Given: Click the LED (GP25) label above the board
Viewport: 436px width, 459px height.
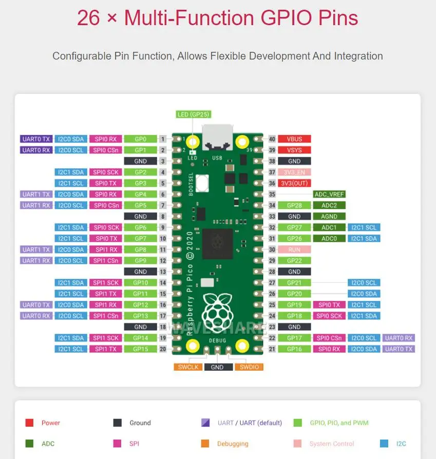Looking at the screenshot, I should click(x=193, y=114).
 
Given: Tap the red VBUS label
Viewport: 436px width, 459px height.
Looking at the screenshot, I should click(x=294, y=139).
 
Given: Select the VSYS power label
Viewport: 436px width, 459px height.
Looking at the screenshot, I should click(x=294, y=150).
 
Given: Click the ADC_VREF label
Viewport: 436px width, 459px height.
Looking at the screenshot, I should click(x=329, y=195).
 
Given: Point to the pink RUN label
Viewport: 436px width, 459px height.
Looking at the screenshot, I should click(x=294, y=250).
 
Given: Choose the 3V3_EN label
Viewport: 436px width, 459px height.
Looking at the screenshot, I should click(x=294, y=173).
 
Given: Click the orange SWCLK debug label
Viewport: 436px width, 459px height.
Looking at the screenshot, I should click(x=188, y=367).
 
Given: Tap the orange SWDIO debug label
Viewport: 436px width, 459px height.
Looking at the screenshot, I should click(x=249, y=367).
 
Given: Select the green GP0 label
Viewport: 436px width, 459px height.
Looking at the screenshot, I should click(x=140, y=139).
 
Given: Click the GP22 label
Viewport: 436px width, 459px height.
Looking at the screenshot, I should click(x=294, y=261).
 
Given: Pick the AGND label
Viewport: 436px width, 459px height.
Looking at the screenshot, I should click(x=329, y=217).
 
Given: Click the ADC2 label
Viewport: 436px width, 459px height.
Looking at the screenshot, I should click(x=329, y=205).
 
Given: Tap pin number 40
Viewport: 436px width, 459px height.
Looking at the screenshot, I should click(x=272, y=139).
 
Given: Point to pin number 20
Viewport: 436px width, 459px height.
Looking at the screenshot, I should click(x=162, y=349).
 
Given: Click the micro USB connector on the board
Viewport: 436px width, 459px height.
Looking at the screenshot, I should click(x=217, y=136).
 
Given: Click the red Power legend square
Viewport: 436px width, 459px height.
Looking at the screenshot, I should click(x=29, y=423).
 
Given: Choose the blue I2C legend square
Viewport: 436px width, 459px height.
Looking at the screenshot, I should click(x=384, y=444).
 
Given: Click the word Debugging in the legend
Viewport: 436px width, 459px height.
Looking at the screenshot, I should click(x=233, y=444).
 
